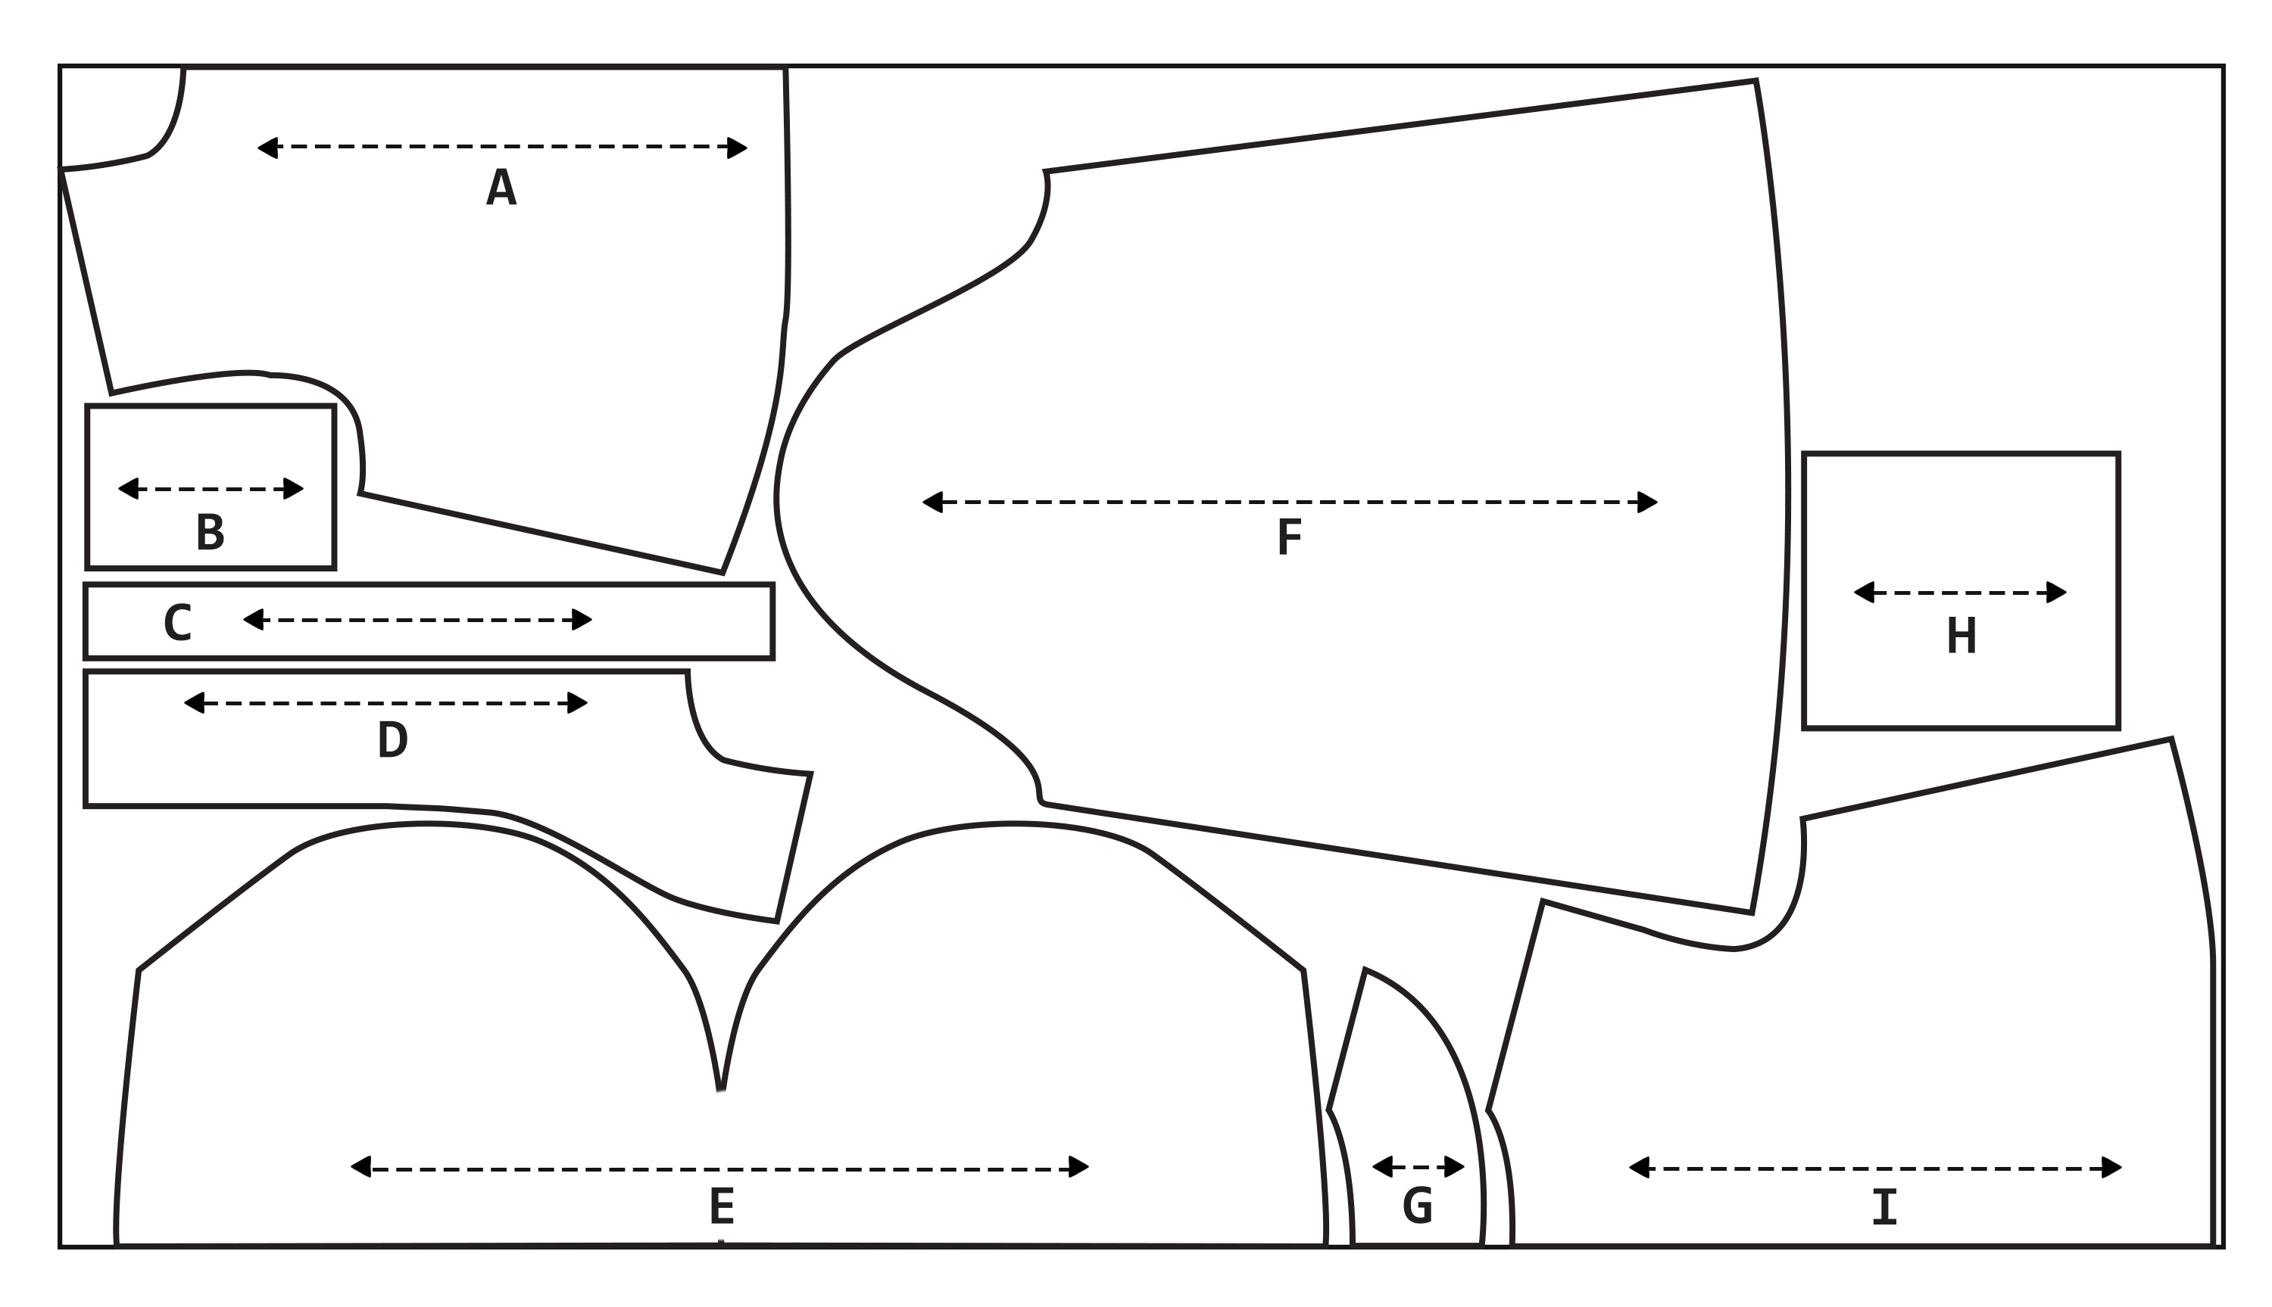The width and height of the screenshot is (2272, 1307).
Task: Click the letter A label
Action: coord(501,187)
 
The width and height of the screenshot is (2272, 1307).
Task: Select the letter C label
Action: coord(177,623)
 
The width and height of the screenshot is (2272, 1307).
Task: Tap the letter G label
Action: coord(1417,1205)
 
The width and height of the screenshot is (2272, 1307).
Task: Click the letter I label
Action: coord(1884,1206)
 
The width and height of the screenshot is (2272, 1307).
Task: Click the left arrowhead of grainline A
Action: coord(267,148)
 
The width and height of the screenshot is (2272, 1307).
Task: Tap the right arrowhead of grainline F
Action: coord(1647,502)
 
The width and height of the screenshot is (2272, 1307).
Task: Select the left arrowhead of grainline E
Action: coord(361,1167)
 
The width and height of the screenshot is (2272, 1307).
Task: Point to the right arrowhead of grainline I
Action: coord(2112,1168)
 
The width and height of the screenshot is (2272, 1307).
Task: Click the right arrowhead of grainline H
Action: coord(2056,593)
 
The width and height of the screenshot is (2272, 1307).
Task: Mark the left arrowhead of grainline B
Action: coord(129,488)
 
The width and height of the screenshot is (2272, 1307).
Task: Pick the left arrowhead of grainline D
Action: coord(194,703)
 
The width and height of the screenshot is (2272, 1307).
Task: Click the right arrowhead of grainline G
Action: coord(1454,1167)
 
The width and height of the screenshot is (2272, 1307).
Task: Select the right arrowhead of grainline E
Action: coord(1078,1167)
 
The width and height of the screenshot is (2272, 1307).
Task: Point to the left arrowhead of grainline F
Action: coord(933,502)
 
